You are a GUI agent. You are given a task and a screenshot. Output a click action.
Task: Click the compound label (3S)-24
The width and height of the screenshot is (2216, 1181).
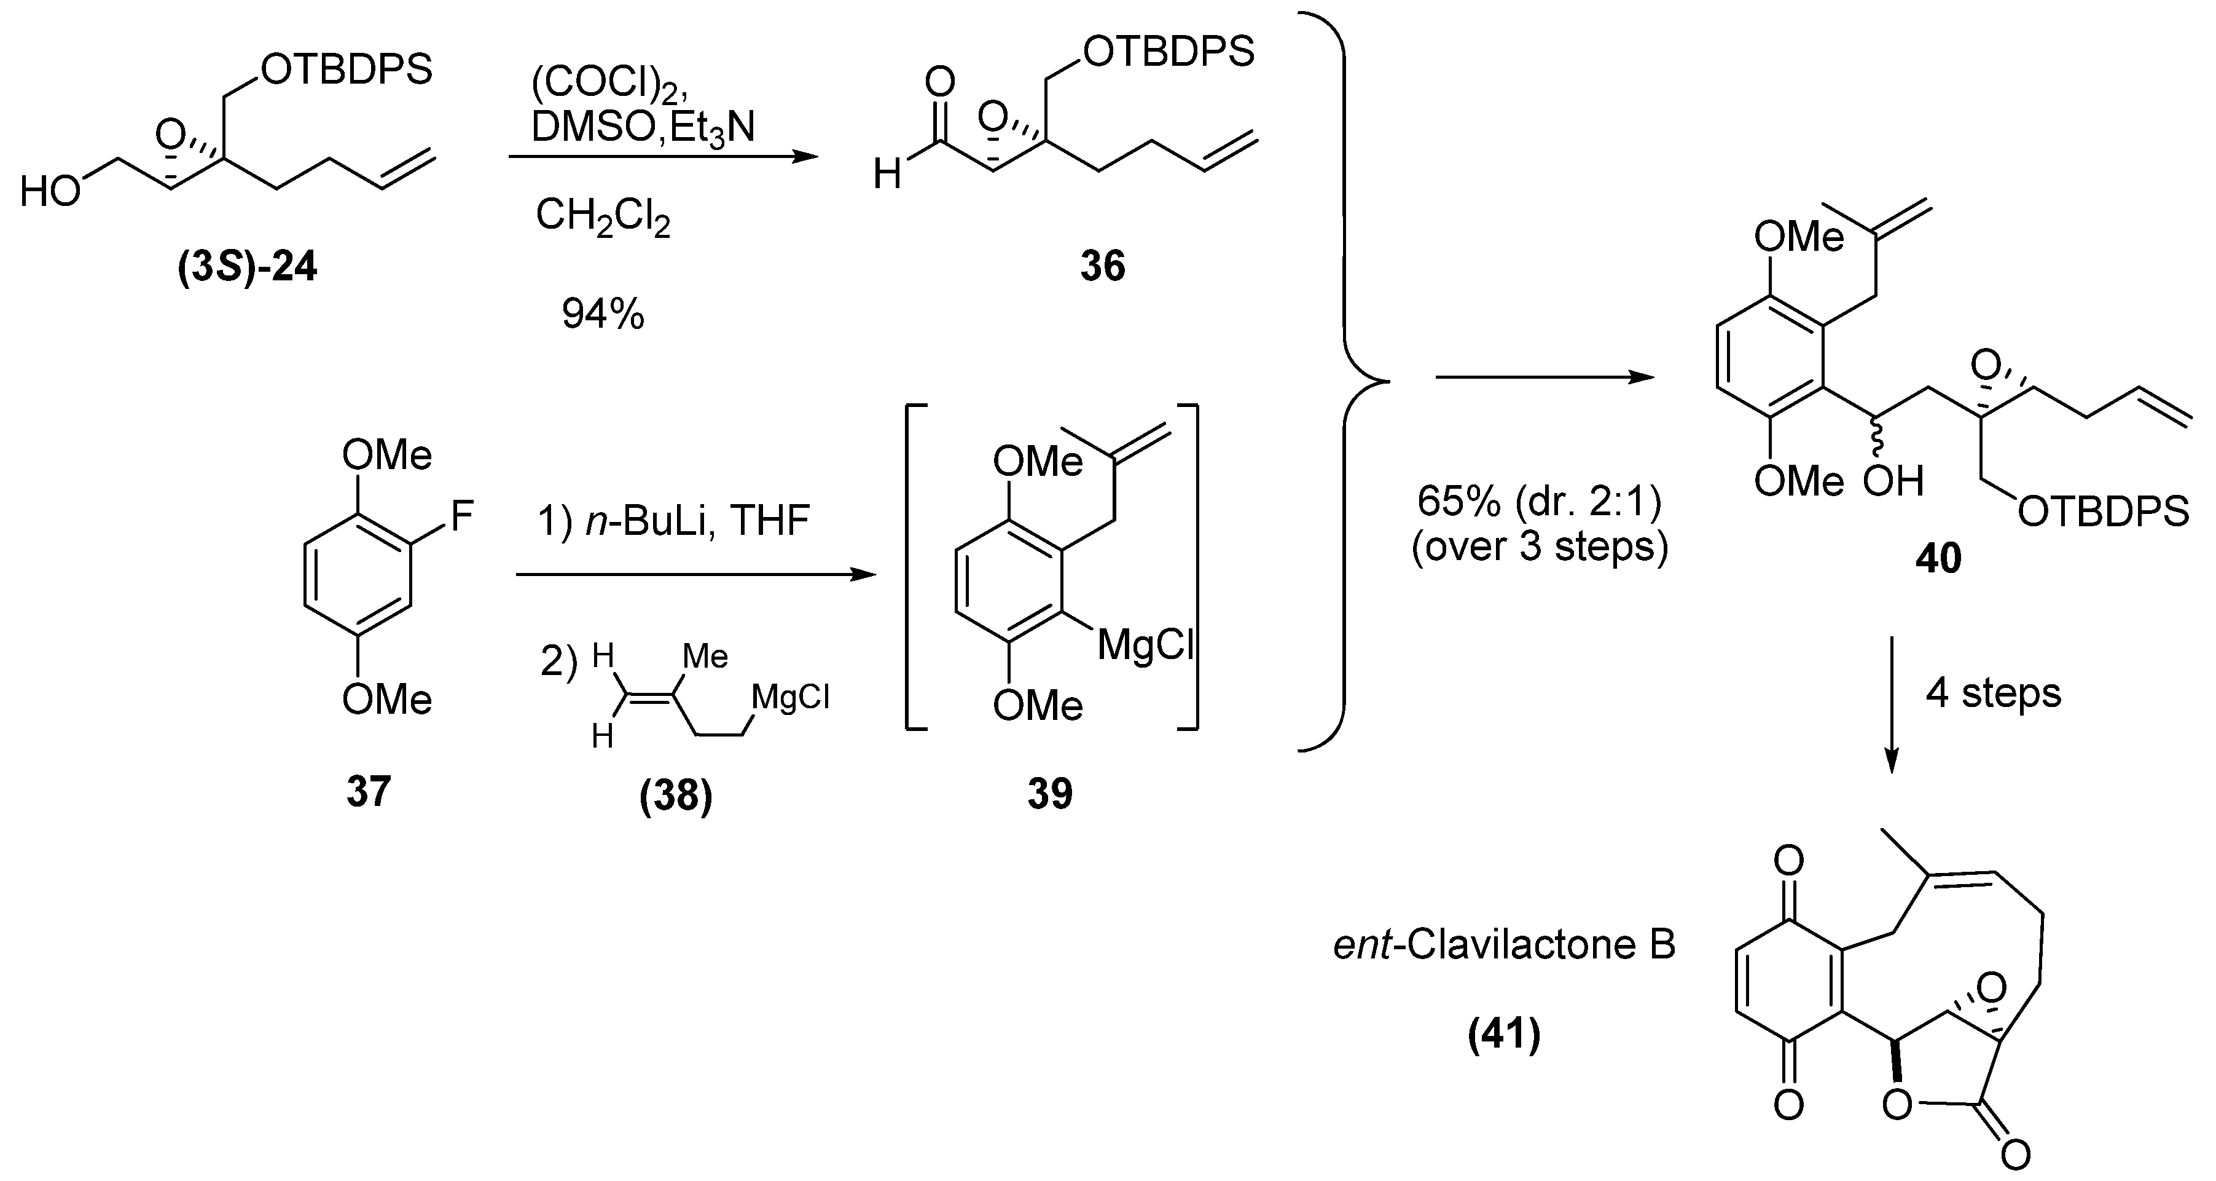pyautogui.click(x=248, y=267)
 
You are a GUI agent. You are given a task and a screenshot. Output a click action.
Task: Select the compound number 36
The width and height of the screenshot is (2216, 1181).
pyautogui.click(x=1103, y=267)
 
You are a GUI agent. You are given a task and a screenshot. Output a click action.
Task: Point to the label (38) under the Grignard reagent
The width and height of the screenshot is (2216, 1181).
pyautogui.click(x=676, y=796)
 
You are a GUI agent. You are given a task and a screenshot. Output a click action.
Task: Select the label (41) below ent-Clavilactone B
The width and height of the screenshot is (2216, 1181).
pyautogui.click(x=1504, y=1034)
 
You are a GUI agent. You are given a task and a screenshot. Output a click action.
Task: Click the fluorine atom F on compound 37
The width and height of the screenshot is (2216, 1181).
pyautogui.click(x=462, y=517)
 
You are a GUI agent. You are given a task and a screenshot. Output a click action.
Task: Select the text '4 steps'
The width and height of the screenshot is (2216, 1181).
pyautogui.click(x=1993, y=693)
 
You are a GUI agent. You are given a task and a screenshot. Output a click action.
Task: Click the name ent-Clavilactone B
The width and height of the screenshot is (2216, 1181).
pyautogui.click(x=1504, y=945)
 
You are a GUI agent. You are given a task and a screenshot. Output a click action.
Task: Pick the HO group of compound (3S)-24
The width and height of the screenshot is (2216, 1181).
pyautogui.click(x=50, y=191)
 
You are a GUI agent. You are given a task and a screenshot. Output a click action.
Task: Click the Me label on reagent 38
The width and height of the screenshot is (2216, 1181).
pyautogui.click(x=705, y=657)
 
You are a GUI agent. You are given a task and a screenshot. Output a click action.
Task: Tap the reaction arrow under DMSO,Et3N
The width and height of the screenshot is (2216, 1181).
pyautogui.click(x=662, y=157)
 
